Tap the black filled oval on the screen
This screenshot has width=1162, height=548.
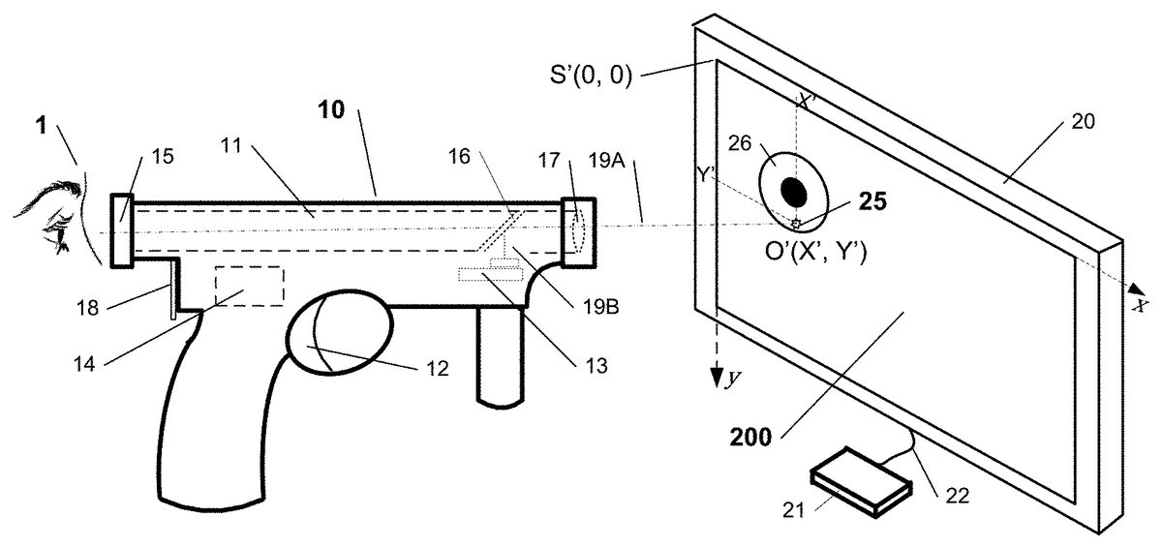(794, 192)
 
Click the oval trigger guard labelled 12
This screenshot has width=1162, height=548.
(338, 332)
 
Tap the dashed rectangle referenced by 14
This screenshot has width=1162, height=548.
(249, 286)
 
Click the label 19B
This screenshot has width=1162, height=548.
(603, 310)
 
